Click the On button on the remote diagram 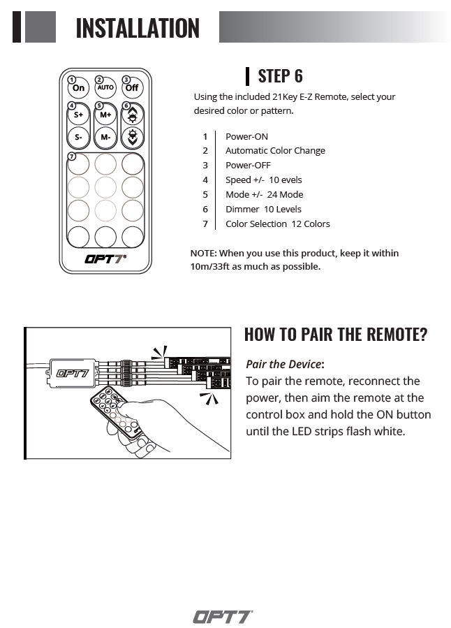[78, 88]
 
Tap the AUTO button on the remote [105, 88]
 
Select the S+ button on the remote [78, 115]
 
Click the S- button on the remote [78, 138]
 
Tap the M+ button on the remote [105, 115]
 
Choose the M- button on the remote [105, 138]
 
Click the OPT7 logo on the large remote [105, 259]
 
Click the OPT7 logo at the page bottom [223, 617]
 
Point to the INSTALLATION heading [138, 28]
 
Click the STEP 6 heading [280, 75]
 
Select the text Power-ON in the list [246, 136]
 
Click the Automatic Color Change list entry [275, 150]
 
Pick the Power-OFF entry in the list [248, 166]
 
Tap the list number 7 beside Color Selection [205, 224]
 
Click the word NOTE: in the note [204, 253]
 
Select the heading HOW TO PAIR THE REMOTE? [335, 334]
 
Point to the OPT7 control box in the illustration [72, 372]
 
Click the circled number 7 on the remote [72, 156]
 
